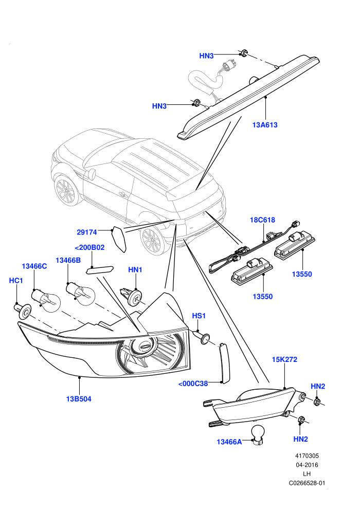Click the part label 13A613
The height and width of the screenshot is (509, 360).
tap(265, 125)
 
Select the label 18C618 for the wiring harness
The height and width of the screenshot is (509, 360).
tap(262, 220)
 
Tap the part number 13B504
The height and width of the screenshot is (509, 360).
tap(79, 399)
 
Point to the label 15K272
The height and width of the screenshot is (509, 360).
tap(284, 359)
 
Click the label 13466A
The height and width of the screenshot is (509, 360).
tap(229, 442)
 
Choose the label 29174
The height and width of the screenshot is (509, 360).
tap(87, 232)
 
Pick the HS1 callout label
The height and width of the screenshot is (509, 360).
tap(199, 316)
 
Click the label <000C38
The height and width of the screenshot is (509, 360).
tap(193, 384)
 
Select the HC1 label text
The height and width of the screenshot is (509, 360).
tap(16, 281)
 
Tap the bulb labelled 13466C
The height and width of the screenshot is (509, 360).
tap(46, 299)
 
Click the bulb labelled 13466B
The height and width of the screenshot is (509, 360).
tap(80, 291)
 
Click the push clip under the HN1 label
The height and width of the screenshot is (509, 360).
tap(131, 296)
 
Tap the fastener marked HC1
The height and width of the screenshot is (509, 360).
tap(23, 311)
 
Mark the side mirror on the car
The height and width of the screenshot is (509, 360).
tap(91, 174)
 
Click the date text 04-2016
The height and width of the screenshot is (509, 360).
tap(307, 465)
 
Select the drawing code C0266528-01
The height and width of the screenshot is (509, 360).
tap(307, 483)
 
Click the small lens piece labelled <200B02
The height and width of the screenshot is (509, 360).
tap(100, 270)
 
